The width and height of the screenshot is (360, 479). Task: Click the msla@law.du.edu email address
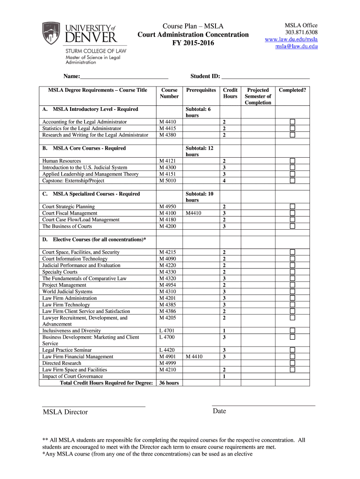pyautogui.click(x=296, y=46)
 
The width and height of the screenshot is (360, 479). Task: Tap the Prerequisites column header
pyautogui.click(x=201, y=90)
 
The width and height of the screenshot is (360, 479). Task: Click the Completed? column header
pyautogui.click(x=293, y=90)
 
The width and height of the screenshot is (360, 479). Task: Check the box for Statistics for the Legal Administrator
pyautogui.click(x=292, y=128)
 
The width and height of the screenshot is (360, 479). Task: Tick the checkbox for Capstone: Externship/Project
pyautogui.click(x=292, y=181)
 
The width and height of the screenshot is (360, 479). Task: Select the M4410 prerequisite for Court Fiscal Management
pyautogui.click(x=194, y=213)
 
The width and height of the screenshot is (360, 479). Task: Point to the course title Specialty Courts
pyautogui.click(x=60, y=272)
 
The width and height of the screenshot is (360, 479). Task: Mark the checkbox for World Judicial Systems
pyautogui.click(x=292, y=291)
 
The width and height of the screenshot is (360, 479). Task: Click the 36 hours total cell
pyautogui.click(x=169, y=383)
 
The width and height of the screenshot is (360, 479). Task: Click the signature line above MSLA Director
pyautogui.click(x=94, y=405)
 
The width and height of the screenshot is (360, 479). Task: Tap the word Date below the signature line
pyautogui.click(x=219, y=411)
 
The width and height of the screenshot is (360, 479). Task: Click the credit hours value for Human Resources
pyautogui.click(x=224, y=161)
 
